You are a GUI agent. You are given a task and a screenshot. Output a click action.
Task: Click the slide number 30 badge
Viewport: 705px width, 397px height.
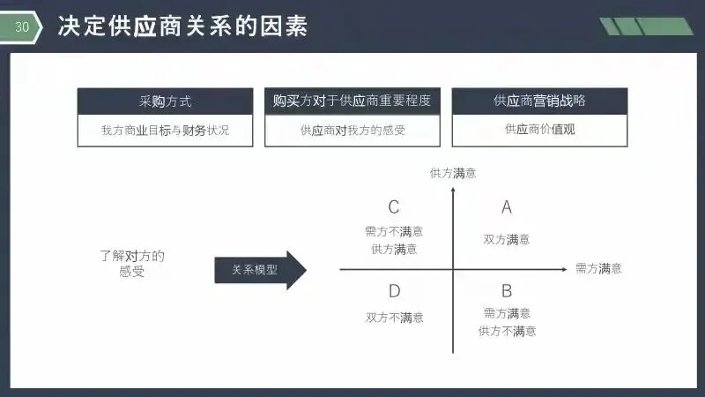pyautogui.click(x=23, y=27)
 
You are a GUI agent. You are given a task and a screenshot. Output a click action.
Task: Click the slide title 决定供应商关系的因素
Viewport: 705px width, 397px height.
pyautogui.click(x=182, y=27)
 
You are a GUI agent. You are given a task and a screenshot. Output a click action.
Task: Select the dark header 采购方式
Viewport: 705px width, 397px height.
pyautogui.click(x=166, y=101)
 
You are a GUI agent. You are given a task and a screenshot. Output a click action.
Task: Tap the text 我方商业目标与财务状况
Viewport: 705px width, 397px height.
pyautogui.click(x=166, y=130)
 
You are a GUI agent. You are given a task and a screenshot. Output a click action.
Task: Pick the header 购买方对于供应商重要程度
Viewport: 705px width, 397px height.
pyautogui.click(x=352, y=101)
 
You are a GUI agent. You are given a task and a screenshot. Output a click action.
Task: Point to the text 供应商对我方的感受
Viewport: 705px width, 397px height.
pyautogui.click(x=352, y=130)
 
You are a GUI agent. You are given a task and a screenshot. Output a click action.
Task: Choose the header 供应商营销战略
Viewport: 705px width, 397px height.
pyautogui.click(x=539, y=101)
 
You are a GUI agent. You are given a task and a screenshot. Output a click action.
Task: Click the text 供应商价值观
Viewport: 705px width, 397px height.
pyautogui.click(x=539, y=130)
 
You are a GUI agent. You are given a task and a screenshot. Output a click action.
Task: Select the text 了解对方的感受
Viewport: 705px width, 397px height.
pyautogui.click(x=132, y=264)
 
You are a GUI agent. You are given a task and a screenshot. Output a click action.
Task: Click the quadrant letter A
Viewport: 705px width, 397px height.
pyautogui.click(x=507, y=207)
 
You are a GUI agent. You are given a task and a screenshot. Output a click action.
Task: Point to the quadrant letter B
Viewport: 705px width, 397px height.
pyautogui.click(x=507, y=290)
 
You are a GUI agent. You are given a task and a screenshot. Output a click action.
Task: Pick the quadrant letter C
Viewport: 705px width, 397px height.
pyautogui.click(x=394, y=207)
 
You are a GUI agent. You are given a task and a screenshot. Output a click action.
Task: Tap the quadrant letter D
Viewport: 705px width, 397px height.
pyautogui.click(x=394, y=290)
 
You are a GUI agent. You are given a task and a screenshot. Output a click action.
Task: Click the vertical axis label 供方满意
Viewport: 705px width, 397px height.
pyautogui.click(x=453, y=174)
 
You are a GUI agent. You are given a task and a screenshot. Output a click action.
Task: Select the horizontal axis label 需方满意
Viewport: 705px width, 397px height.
pyautogui.click(x=598, y=268)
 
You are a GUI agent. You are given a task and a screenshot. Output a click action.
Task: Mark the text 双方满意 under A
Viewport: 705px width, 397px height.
pyautogui.click(x=507, y=239)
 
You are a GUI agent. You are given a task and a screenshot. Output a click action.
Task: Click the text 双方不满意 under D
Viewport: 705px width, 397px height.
pyautogui.click(x=394, y=318)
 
